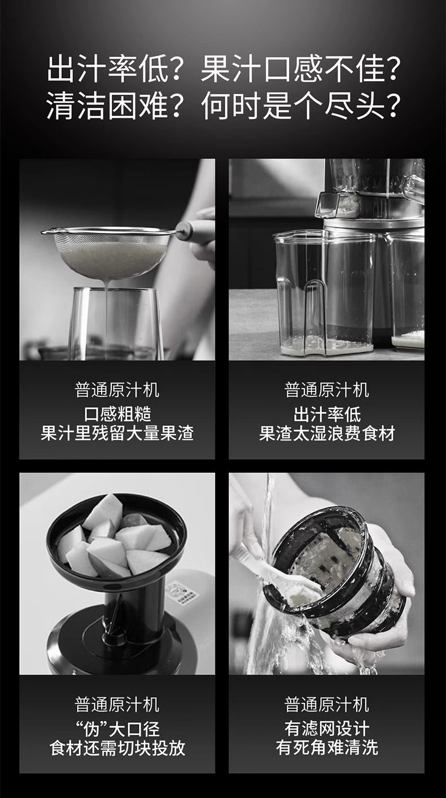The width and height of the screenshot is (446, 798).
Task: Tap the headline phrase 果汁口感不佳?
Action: (x=300, y=69)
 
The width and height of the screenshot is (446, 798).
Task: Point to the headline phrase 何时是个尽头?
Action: (x=300, y=106)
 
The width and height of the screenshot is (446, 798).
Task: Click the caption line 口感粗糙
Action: (x=117, y=414)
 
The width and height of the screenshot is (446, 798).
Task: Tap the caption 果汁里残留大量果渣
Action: (x=117, y=434)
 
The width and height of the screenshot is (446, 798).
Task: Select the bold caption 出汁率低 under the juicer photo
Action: (x=327, y=414)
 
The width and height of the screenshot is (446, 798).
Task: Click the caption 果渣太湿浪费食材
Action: (x=327, y=434)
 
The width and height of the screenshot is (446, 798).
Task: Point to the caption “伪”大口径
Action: (x=117, y=729)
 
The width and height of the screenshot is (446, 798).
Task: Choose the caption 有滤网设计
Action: (x=327, y=729)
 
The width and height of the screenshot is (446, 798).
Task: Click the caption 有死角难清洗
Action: (x=327, y=747)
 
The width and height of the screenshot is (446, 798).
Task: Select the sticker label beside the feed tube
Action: (x=185, y=592)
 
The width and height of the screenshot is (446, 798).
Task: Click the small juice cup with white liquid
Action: (x=408, y=290)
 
